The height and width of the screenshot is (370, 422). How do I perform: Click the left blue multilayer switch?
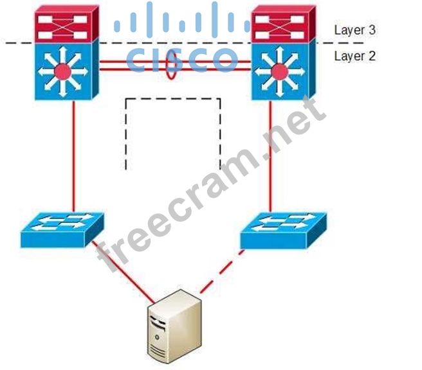[64, 69]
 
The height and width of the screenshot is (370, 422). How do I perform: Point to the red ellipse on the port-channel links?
[171, 66]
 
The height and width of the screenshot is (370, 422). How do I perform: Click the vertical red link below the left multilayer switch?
[74, 154]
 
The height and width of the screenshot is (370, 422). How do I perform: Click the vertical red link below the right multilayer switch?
[271, 154]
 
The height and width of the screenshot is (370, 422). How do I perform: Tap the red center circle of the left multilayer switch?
[63, 70]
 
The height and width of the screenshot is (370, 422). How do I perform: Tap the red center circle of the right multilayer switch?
[279, 70]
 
